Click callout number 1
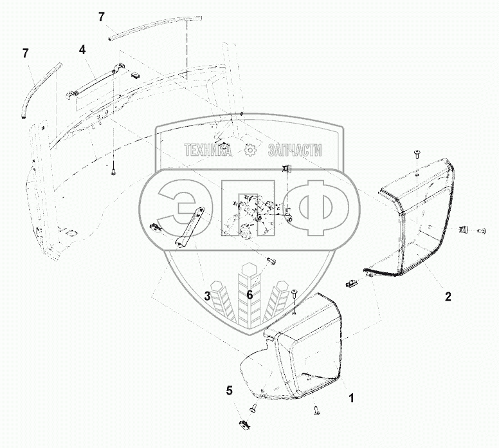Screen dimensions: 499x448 coord(351,398)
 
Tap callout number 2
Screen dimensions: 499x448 coord(448,297)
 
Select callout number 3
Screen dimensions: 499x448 coord(208,295)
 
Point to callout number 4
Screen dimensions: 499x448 coord(82,49)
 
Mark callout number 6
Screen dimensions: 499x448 coord(250,295)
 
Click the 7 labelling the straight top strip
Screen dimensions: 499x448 coord(102,17)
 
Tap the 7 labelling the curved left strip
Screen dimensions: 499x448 coord(26,53)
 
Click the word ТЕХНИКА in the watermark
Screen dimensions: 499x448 coord(208,150)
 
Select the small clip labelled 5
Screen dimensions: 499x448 coord(244,423)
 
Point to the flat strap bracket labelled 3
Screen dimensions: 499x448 coord(190,226)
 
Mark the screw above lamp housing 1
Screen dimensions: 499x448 coord(294,294)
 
